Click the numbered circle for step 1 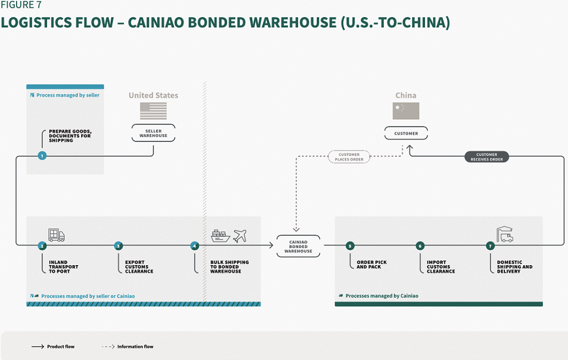tap(42, 156)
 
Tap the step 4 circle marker tap(195, 246)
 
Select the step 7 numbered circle tap(490, 246)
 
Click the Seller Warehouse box tap(153, 133)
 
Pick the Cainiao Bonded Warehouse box tap(298, 245)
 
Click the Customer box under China tap(406, 133)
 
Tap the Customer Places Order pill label tap(349, 157)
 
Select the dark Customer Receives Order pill tap(487, 157)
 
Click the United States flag tap(153, 111)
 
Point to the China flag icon tap(406, 111)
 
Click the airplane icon tap(240, 235)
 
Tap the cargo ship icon tap(220, 235)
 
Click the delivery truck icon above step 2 tap(56, 235)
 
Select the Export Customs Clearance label tap(139, 267)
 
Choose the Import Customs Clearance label tap(441, 267)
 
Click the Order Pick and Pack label tap(371, 265)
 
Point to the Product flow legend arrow tap(39, 346)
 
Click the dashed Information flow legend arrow tap(108, 346)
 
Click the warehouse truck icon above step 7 tap(504, 234)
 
